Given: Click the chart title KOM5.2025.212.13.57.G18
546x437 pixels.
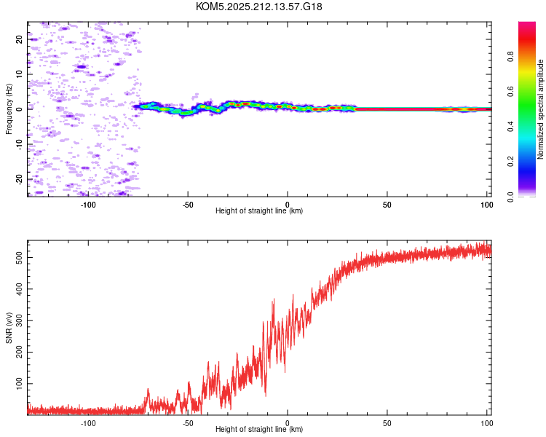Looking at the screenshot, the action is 258,7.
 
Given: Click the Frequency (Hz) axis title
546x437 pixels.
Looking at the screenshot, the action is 9,109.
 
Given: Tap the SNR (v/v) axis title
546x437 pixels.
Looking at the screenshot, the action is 9,328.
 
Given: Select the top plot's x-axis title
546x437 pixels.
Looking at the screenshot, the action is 259,210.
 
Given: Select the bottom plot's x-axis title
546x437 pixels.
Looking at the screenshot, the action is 259,429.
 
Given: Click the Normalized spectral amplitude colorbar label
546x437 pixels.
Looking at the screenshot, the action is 540,109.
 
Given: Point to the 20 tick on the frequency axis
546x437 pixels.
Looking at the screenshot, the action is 19,39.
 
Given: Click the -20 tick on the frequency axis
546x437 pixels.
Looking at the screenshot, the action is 19,179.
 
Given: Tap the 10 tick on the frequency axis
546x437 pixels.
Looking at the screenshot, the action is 19,74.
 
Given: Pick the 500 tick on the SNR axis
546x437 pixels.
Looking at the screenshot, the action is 19,258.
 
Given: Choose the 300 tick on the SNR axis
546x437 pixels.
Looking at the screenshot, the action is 19,320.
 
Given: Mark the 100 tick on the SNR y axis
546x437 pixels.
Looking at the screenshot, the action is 19,383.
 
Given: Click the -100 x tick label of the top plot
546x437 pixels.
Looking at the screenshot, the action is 88,205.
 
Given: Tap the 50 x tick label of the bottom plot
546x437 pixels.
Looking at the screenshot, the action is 387,423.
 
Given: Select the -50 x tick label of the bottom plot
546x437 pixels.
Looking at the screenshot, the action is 188,423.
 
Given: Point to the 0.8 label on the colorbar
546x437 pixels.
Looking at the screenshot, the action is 510,57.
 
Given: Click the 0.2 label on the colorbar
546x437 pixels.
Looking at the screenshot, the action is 510,162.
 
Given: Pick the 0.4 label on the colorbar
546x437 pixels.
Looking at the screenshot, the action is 510,127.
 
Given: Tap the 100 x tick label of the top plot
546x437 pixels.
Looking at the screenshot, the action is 487,205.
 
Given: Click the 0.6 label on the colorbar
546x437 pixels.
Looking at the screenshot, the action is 510,92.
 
